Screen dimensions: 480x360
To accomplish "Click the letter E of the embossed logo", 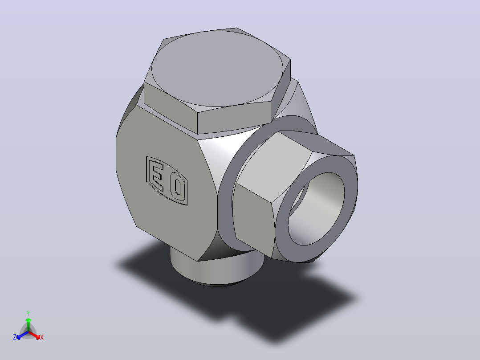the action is (158, 176).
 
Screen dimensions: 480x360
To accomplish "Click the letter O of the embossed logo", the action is (177, 188).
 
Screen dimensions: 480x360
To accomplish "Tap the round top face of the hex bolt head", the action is (217, 69).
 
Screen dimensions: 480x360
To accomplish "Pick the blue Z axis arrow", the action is (22, 335).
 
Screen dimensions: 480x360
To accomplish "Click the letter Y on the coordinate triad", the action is (28, 314).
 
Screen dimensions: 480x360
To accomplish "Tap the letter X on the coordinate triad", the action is (42, 337).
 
